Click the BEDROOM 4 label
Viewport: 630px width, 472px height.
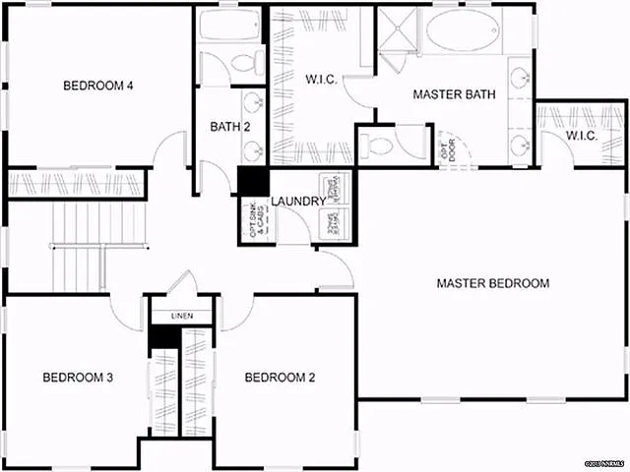coord(98,86)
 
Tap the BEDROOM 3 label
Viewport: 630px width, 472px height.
coord(78,378)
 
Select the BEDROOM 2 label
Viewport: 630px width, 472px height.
coord(280,378)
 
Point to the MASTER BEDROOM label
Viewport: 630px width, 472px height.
coord(492,283)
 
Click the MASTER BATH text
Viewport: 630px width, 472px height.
coord(453,95)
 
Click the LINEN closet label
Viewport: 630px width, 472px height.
coord(182,317)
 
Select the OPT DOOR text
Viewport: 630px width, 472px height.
coord(450,149)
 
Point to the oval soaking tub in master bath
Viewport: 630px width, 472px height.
coord(461,31)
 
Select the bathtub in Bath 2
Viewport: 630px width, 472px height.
coord(227,26)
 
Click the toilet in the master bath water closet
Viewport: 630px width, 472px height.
coord(381,147)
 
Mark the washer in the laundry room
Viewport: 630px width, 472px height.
coord(330,188)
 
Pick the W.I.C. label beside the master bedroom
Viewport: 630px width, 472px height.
coord(582,136)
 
